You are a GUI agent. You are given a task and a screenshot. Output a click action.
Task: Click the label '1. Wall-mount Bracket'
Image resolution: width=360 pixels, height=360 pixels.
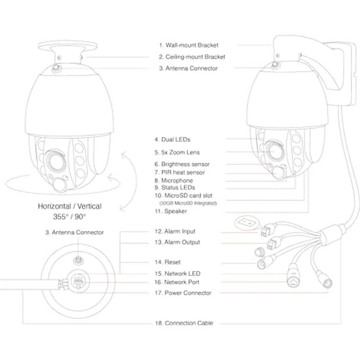(x=189, y=45)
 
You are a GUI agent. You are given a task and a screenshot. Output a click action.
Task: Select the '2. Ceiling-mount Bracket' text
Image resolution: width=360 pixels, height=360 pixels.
(x=192, y=57)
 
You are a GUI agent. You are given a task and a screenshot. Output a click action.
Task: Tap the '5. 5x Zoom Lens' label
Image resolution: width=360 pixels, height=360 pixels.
(x=177, y=152)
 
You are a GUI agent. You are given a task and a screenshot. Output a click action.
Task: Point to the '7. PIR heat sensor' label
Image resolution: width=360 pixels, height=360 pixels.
(x=180, y=172)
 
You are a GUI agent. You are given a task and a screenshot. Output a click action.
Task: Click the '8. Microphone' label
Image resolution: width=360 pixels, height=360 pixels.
(x=174, y=180)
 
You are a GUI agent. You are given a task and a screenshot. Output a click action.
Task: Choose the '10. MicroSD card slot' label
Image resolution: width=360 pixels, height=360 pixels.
(x=183, y=196)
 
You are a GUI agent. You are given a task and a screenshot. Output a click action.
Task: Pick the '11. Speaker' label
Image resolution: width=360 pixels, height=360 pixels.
(x=171, y=211)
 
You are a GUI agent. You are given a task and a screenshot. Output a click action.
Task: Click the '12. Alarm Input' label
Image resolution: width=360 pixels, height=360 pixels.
(x=175, y=231)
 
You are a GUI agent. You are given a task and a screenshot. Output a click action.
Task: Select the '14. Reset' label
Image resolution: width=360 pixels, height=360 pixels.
(x=168, y=262)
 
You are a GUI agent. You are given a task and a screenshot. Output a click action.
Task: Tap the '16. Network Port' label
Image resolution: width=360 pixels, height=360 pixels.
(x=177, y=282)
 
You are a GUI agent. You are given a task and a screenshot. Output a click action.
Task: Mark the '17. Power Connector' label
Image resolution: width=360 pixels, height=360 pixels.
(x=183, y=293)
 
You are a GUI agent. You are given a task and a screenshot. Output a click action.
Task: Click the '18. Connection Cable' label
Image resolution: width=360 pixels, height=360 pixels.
(x=184, y=323)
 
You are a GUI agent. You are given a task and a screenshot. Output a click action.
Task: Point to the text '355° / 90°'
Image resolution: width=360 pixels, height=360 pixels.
(x=69, y=217)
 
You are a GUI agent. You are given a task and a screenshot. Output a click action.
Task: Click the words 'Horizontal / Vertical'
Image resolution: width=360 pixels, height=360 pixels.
(x=69, y=206)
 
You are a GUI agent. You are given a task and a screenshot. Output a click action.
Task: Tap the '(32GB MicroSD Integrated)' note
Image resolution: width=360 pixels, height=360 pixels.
(x=188, y=203)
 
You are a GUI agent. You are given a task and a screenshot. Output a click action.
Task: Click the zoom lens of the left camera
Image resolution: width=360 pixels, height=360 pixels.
(x=56, y=161)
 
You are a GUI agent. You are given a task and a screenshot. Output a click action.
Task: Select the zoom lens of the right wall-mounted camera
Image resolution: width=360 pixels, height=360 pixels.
(x=274, y=151)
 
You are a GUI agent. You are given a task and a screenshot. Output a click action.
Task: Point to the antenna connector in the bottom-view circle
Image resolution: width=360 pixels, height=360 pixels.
(x=78, y=261)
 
